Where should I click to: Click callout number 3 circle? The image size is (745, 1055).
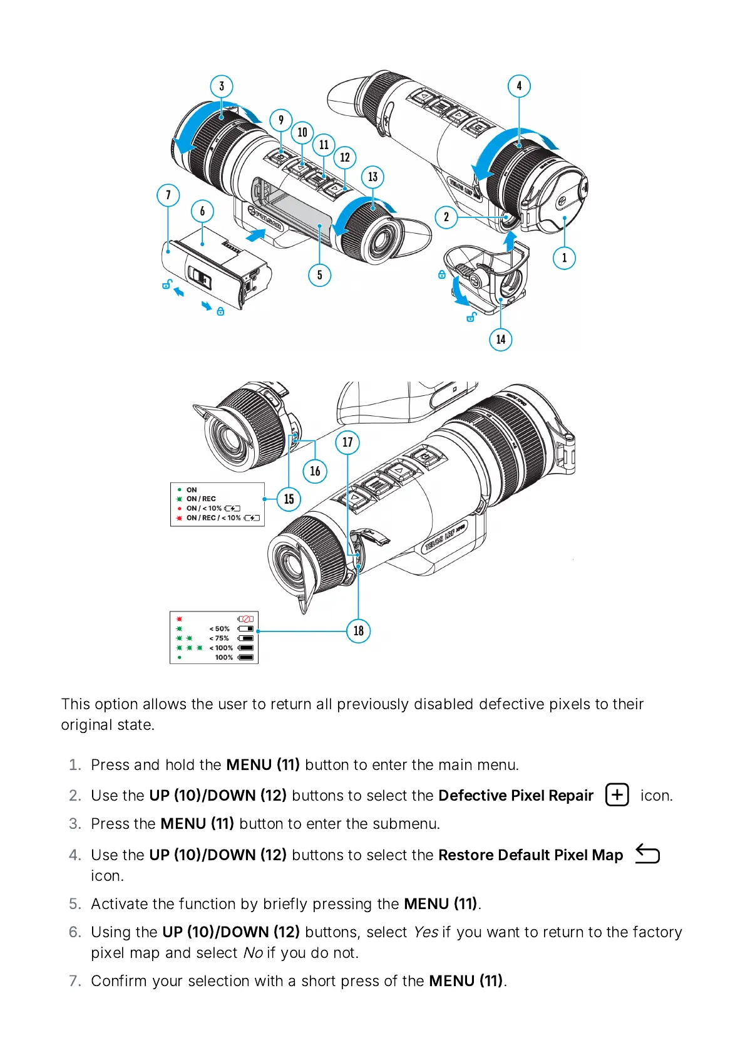[x=222, y=86]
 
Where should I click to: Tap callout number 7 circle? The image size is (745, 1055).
[x=168, y=195]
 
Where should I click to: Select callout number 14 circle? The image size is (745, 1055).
[x=501, y=340]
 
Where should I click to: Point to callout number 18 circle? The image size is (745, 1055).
[x=359, y=631]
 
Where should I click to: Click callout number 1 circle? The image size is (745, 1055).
[x=564, y=257]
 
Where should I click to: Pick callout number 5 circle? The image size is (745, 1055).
[x=320, y=274]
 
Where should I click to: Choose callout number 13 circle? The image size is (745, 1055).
[x=373, y=177]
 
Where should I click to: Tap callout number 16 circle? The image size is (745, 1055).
[x=315, y=470]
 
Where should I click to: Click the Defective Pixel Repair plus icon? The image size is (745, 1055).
[x=617, y=794]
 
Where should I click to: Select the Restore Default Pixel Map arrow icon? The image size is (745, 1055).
[x=647, y=854]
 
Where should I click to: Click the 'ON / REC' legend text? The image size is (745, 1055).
[x=201, y=499]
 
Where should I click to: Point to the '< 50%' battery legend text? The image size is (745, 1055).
[x=219, y=628]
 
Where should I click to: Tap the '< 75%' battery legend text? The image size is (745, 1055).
[x=219, y=638]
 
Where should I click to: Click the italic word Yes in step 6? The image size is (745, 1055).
[x=426, y=932]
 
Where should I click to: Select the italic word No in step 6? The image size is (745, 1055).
[x=253, y=953]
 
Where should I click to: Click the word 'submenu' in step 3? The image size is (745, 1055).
[x=404, y=824]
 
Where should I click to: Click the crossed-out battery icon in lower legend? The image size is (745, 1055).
[x=245, y=619]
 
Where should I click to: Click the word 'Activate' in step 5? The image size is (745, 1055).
[x=119, y=904]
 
